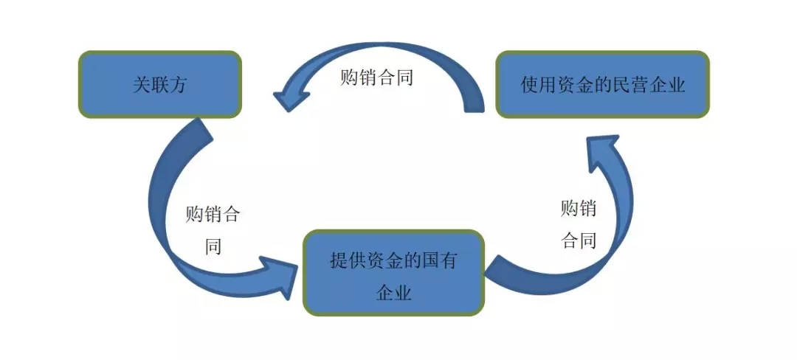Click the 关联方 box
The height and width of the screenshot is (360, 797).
[x=159, y=84]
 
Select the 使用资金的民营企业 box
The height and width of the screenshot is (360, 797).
[x=602, y=84]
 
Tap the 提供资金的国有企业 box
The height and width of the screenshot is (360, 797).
[x=394, y=273]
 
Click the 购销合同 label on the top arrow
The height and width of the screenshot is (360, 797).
[x=376, y=77]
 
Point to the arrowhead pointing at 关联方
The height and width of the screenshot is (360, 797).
[x=289, y=96]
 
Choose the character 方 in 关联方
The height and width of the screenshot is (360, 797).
[x=179, y=85]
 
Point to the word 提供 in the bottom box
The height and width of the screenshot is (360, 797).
[x=348, y=260]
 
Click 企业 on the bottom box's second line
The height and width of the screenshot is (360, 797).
[x=394, y=292]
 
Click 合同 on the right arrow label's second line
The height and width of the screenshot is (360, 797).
[x=579, y=240]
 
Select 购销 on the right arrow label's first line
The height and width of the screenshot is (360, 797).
[x=579, y=209]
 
